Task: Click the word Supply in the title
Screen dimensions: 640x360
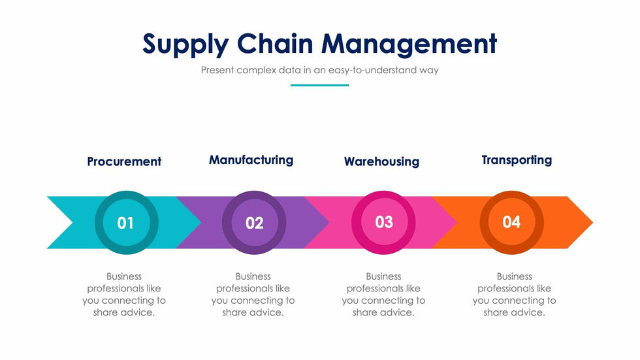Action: tap(185, 44)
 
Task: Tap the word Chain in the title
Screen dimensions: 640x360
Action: tap(275, 43)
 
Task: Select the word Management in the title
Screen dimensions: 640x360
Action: tap(409, 44)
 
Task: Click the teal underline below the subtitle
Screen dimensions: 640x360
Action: tap(319, 86)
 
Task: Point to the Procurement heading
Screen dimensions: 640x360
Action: tap(124, 161)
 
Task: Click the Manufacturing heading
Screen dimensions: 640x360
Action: tap(251, 160)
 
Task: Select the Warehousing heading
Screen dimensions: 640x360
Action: tap(381, 161)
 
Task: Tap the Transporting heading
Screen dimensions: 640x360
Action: tap(517, 160)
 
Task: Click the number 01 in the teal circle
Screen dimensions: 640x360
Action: tap(125, 223)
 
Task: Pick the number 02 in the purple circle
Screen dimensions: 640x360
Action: tap(254, 223)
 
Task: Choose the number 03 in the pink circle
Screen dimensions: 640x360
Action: tap(384, 222)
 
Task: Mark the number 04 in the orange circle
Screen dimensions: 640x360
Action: tap(511, 222)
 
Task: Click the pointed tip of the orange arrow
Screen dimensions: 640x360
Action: tap(593, 222)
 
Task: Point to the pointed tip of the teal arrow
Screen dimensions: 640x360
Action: tap(201, 222)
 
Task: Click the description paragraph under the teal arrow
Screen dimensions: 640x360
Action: tap(124, 294)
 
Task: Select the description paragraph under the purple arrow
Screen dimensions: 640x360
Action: tap(253, 294)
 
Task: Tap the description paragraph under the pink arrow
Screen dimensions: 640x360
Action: tap(384, 294)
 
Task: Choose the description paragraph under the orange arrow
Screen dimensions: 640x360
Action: tap(515, 294)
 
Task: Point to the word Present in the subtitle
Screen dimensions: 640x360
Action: tap(217, 70)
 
